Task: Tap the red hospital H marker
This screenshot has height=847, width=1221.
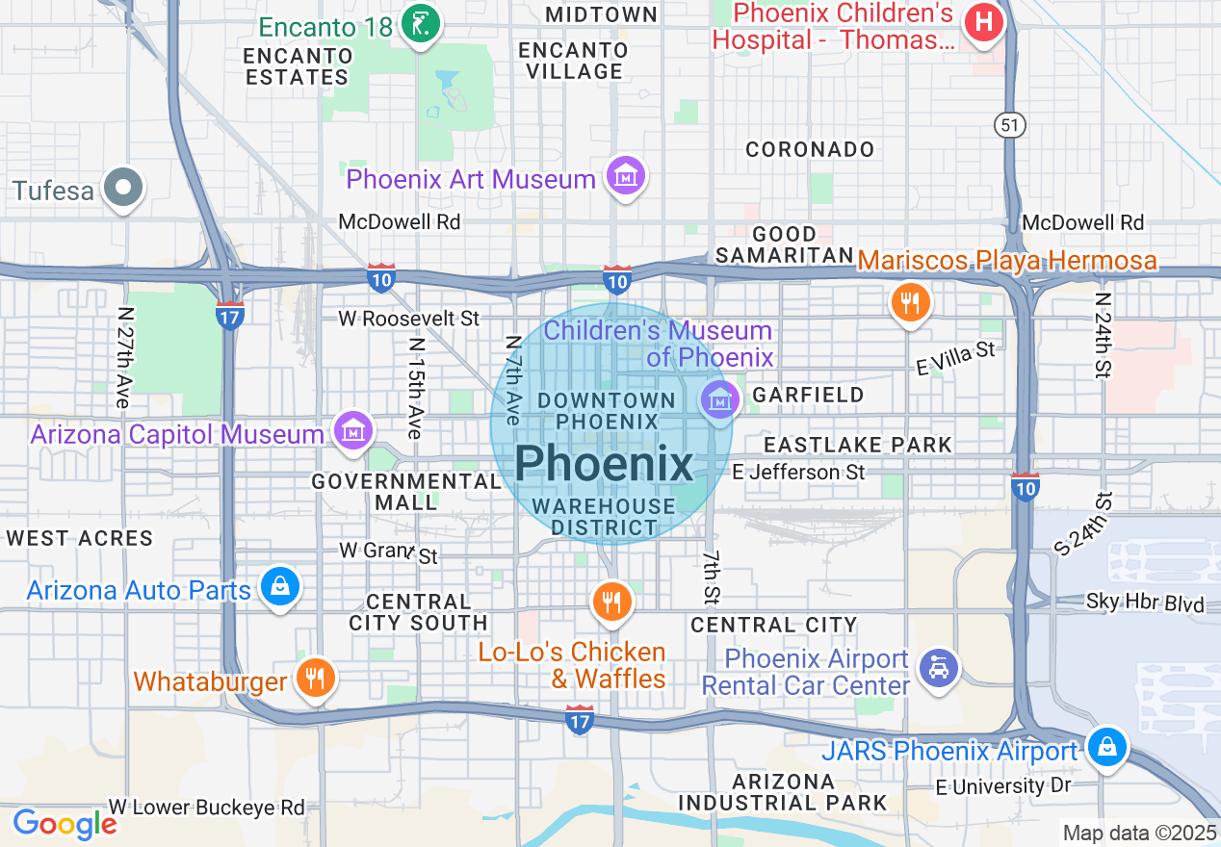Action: click(984, 22)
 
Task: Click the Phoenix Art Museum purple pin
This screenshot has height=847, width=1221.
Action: click(626, 176)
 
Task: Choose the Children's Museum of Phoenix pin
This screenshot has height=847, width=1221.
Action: click(719, 397)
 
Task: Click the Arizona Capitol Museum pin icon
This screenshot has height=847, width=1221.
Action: click(353, 432)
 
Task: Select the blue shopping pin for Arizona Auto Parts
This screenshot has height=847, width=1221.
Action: click(279, 585)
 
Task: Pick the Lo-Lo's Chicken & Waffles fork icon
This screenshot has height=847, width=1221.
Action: click(610, 602)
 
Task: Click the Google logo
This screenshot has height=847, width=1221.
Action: click(65, 824)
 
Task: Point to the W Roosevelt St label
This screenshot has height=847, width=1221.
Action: click(408, 318)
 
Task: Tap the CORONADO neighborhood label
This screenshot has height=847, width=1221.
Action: click(811, 149)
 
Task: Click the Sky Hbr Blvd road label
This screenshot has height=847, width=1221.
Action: click(1145, 604)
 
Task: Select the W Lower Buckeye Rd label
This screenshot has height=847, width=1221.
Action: click(206, 807)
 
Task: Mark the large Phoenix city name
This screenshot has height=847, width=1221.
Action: click(604, 464)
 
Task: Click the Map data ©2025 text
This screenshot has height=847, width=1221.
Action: click(1139, 833)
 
